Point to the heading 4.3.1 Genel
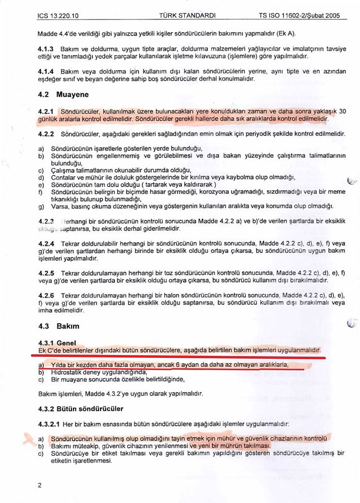pyautogui.click(x=57, y=343)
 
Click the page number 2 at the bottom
pyautogui.click(x=39, y=485)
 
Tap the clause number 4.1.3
pyautogui.click(x=46, y=50)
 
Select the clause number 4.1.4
pyautogui.click(x=46, y=71)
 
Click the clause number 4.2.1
pyautogui.click(x=46, y=111)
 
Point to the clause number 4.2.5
pyautogui.click(x=46, y=274)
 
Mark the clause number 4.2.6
pyautogui.click(x=46, y=296)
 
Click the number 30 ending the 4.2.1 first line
pyautogui.click(x=342, y=111)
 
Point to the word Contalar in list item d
pyautogui.click(x=63, y=178)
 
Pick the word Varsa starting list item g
pyautogui.click(x=59, y=206)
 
